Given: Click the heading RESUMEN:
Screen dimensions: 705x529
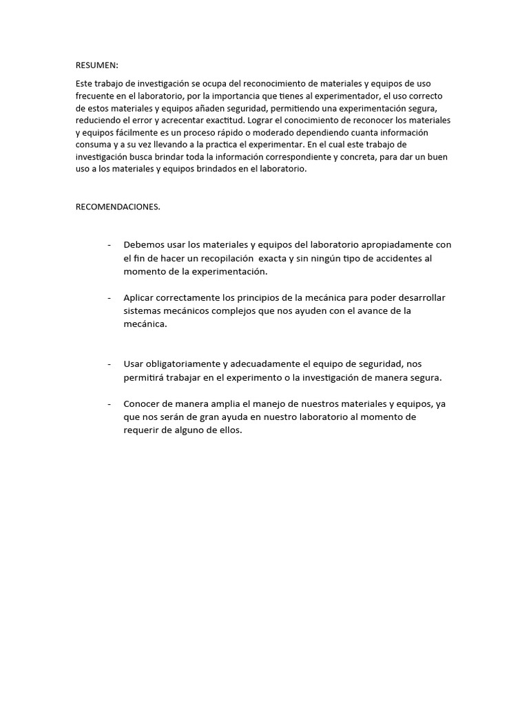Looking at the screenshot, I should click(x=96, y=65).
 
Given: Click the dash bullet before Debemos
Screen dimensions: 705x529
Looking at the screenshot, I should click(x=110, y=245).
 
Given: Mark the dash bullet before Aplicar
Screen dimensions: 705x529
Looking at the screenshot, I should click(x=110, y=298).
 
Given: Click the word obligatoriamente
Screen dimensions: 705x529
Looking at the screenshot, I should click(x=180, y=364).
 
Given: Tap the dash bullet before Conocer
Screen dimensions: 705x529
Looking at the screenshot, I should click(x=110, y=404).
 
